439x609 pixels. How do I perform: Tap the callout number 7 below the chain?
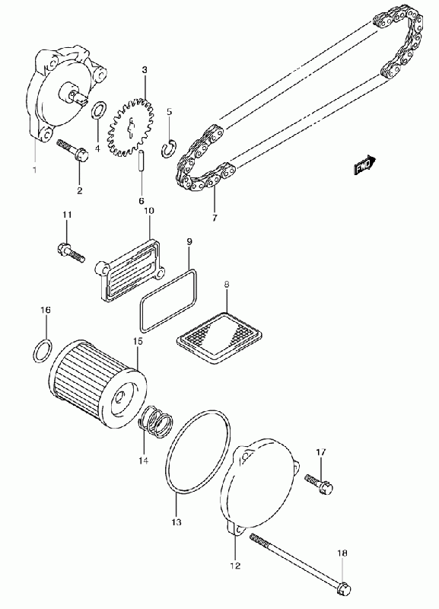tap(215, 218)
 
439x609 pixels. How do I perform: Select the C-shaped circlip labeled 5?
tap(169, 148)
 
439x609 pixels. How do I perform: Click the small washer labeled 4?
tap(97, 110)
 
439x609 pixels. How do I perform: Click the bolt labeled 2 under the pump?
tap(72, 150)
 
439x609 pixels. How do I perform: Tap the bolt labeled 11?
tap(71, 253)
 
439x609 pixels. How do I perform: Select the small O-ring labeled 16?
tap(43, 350)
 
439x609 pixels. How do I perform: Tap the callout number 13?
tap(177, 522)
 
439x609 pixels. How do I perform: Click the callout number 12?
tap(235, 566)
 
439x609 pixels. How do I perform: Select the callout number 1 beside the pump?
tap(34, 170)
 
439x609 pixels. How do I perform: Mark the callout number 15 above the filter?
tap(138, 341)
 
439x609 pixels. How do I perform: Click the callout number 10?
tap(149, 211)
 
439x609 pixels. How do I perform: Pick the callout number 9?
tap(189, 241)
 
